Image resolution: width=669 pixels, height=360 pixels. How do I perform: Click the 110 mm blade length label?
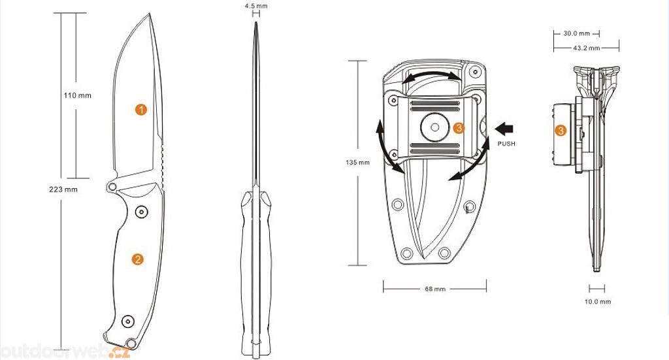tap(77, 95)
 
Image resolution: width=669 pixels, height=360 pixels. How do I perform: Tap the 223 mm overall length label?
tap(63, 189)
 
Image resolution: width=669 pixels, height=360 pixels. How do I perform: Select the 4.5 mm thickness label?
tap(256, 7)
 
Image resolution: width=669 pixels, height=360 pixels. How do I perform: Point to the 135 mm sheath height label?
tap(357, 163)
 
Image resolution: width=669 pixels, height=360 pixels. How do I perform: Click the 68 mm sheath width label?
tap(435, 289)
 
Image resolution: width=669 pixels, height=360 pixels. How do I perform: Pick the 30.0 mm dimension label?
tap(576, 33)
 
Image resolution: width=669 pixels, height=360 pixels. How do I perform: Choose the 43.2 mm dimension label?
tap(586, 48)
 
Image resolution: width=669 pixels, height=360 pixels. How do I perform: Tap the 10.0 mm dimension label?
tap(598, 302)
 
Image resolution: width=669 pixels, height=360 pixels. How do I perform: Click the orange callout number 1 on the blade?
tap(141, 110)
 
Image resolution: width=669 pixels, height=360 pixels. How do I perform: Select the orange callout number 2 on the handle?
tap(137, 259)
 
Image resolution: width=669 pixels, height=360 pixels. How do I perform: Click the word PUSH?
tap(506, 144)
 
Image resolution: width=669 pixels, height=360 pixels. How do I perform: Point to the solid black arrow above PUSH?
tap(504, 129)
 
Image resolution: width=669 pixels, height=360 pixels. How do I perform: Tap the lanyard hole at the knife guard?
tap(112, 186)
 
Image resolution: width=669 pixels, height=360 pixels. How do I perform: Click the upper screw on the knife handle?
tap(141, 212)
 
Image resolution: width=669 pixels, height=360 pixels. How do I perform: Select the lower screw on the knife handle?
tap(128, 321)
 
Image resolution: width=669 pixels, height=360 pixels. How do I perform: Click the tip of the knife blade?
tap(150, 14)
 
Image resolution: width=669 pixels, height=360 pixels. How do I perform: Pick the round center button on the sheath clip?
tap(434, 127)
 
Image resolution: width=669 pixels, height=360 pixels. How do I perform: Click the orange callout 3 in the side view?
tap(561, 131)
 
